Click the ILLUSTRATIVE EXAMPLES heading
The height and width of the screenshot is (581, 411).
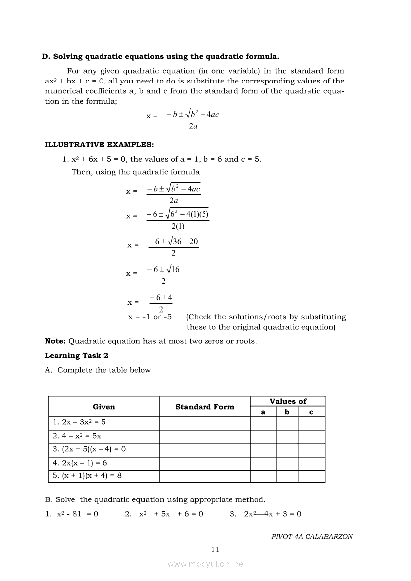click(100, 145)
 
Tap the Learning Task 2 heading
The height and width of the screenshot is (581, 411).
click(77, 355)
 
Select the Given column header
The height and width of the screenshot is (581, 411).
click(104, 407)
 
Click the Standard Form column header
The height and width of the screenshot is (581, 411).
click(205, 407)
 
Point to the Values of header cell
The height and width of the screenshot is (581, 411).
click(288, 401)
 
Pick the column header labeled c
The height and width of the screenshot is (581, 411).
click(311, 412)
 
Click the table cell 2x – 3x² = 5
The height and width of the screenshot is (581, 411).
click(79, 422)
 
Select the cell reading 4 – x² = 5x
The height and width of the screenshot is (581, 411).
click(77, 436)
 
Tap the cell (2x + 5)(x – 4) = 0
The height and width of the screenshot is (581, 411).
click(89, 449)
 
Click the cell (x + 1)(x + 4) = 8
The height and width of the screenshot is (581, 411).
click(87, 475)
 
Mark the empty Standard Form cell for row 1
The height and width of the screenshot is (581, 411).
click(205, 423)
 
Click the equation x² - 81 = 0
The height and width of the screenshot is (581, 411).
click(72, 514)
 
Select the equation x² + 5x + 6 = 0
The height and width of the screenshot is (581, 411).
click(164, 514)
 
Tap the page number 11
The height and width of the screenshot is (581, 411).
click(215, 549)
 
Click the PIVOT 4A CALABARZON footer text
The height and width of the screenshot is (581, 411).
click(312, 537)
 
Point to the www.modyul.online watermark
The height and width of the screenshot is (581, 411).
click(205, 564)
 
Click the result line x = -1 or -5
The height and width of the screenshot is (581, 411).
click(150, 317)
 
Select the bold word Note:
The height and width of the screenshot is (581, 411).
click(55, 341)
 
